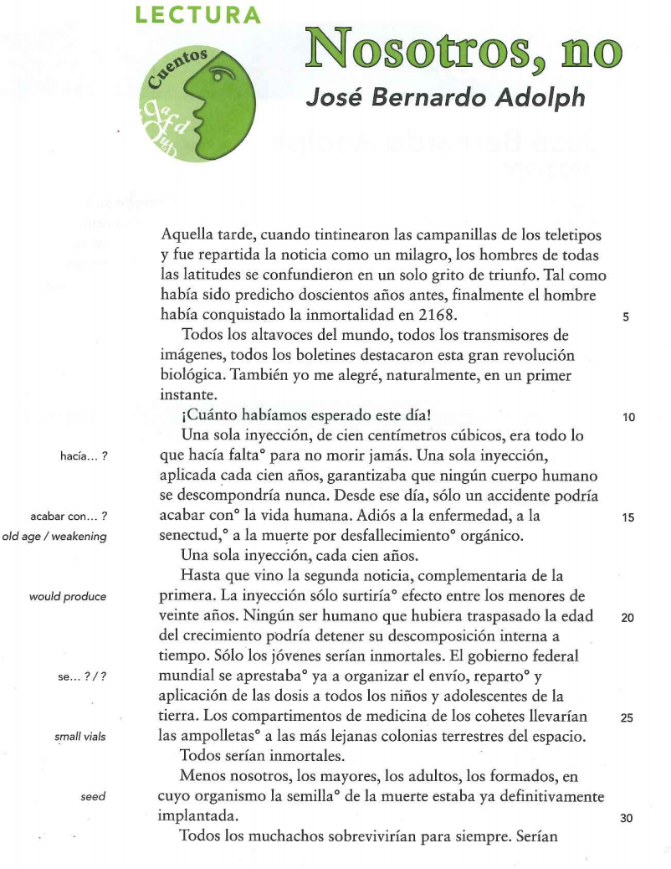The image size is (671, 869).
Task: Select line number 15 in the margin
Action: [629, 517]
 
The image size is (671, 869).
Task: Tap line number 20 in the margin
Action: [629, 618]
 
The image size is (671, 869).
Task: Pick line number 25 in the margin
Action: [629, 717]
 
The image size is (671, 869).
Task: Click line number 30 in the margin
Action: [629, 818]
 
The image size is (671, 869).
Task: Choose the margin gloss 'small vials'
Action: [79, 737]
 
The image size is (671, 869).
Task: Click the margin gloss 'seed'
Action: [93, 797]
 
